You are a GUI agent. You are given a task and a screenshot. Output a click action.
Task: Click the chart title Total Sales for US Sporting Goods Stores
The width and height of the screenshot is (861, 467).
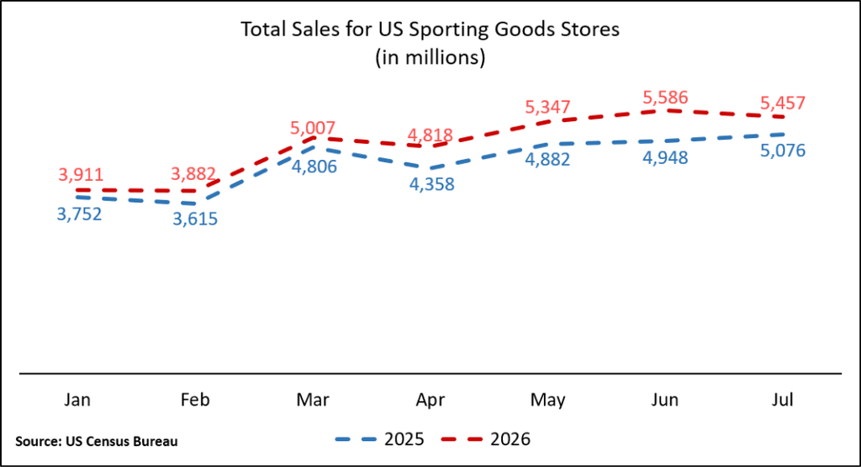click(x=430, y=29)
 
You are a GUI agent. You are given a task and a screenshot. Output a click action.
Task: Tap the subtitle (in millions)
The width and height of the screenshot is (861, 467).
click(x=430, y=57)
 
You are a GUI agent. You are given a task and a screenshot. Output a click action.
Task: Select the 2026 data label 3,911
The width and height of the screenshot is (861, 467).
click(x=81, y=175)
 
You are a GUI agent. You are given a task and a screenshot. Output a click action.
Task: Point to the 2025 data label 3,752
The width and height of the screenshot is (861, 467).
click(x=80, y=214)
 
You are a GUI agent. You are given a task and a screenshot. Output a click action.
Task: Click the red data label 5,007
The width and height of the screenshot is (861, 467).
click(x=313, y=128)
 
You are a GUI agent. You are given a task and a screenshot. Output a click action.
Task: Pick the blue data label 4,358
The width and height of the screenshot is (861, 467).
click(x=431, y=184)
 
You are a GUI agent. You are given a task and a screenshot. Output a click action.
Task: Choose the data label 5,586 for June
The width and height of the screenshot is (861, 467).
click(x=666, y=98)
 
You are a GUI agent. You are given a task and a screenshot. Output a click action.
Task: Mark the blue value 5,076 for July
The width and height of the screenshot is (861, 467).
click(x=783, y=151)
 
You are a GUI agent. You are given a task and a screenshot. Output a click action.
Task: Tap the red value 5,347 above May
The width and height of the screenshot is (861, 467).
click(x=547, y=107)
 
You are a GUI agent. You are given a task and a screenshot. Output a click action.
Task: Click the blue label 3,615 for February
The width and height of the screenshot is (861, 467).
click(x=195, y=220)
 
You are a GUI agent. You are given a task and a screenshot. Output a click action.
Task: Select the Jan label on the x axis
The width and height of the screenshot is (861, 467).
click(x=77, y=400)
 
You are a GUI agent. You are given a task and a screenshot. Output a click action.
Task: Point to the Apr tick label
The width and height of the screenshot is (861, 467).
click(x=430, y=400)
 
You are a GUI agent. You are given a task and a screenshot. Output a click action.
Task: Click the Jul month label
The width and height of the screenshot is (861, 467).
click(x=783, y=400)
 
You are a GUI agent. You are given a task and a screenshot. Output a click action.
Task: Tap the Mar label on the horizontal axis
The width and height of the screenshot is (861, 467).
click(x=313, y=400)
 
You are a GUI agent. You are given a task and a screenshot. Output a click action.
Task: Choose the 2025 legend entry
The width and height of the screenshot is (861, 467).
click(x=379, y=439)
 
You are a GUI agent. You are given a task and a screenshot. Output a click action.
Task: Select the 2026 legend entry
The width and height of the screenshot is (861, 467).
click(x=485, y=439)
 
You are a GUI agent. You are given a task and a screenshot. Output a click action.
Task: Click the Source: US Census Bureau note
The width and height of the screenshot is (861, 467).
click(x=97, y=441)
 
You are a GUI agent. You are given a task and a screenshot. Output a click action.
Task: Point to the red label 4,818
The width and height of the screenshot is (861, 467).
click(x=430, y=135)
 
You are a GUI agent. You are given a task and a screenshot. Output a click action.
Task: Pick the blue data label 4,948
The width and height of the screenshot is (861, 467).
click(x=665, y=157)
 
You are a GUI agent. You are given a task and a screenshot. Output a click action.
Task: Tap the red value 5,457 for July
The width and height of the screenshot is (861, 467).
click(x=783, y=103)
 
